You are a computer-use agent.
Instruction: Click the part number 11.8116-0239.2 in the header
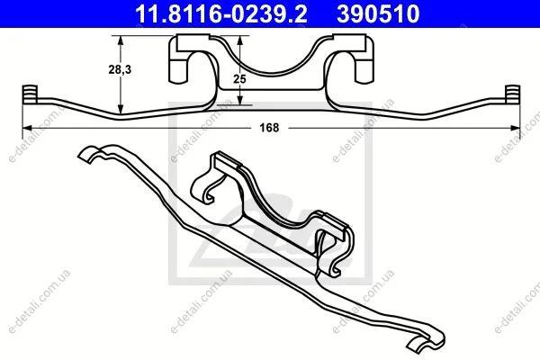220,13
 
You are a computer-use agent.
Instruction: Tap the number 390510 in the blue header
378,13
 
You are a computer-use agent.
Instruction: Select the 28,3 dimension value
120,69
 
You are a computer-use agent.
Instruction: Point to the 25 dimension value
239,79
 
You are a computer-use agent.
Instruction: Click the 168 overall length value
269,128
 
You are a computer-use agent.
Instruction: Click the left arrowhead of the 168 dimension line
27,128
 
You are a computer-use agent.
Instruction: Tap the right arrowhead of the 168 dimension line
515,128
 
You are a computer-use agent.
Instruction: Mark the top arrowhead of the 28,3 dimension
121,40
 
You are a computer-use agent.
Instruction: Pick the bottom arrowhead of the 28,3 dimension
121,109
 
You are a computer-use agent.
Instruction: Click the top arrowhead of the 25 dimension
240,40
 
